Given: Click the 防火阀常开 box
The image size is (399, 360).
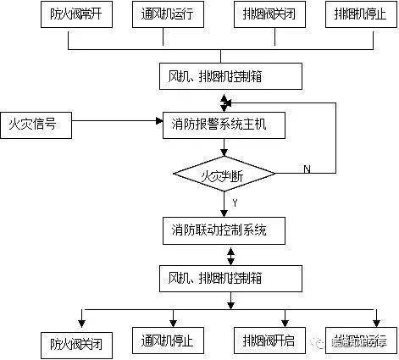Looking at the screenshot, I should [69, 15].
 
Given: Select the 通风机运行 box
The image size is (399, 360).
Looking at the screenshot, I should [169, 15].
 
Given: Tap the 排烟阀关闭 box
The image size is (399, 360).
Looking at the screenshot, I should [270, 15].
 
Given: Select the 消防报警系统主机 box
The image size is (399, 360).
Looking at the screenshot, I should [224, 126].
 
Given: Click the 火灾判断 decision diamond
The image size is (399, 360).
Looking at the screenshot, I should [224, 176].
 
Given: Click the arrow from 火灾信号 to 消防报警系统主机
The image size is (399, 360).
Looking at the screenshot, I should [119, 126].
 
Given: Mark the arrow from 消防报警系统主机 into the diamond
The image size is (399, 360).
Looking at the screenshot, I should [224, 149].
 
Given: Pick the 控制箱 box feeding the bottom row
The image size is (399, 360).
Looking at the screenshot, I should [229, 277].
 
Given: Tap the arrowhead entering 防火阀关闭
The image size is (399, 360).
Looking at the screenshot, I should [81, 320].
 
